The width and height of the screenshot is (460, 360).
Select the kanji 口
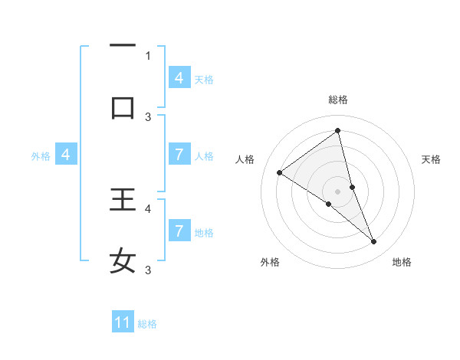pos(123,108)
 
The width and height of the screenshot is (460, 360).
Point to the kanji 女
pos(123,260)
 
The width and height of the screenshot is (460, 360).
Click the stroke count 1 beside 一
pos(148,55)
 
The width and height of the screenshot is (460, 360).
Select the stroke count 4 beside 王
pos(148,208)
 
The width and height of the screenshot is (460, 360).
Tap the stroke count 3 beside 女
pos(148,270)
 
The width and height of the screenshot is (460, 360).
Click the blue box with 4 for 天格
pos(179,78)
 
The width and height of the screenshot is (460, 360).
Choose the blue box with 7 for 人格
pos(179,155)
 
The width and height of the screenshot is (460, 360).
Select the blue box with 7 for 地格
pos(179,231)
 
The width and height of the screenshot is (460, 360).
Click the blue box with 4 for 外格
pos(66,155)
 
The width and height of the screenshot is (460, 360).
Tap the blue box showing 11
pos(123,322)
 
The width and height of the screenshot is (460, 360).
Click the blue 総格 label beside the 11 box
pos(147,324)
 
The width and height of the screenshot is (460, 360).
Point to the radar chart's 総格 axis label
pos(338,100)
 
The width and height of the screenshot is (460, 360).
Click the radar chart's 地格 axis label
pos(402,262)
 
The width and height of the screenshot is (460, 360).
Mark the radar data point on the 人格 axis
pos(280,172)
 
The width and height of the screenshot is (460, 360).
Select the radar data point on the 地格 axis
pos(374,241)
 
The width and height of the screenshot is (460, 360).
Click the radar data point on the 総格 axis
pos(338,130)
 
